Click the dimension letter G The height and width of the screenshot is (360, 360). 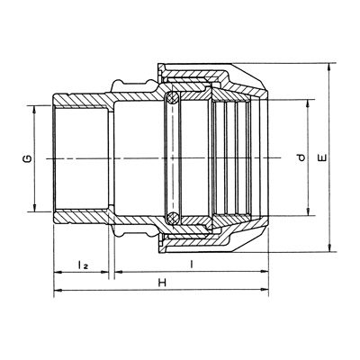[28, 158]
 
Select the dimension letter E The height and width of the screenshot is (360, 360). [323, 157]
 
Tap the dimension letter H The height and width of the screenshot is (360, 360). [162, 283]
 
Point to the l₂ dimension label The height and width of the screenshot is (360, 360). [83, 265]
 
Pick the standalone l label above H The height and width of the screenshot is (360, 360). [191, 265]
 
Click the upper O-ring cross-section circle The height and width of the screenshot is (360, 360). [172, 97]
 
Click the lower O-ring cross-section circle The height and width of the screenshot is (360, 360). [172, 217]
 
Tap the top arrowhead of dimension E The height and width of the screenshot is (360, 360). [329, 67]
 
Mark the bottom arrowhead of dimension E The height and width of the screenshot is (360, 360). [329, 248]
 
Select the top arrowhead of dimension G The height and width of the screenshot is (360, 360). [34, 109]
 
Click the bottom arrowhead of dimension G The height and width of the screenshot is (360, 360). [34, 208]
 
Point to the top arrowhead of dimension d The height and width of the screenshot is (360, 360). [308, 103]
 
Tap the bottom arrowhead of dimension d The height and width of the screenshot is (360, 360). [308, 211]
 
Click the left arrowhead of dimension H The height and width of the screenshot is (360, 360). [58, 290]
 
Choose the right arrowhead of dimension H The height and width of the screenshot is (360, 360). [265, 290]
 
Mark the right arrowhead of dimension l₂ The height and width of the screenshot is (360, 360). [104, 272]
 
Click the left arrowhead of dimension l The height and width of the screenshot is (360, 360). [119, 272]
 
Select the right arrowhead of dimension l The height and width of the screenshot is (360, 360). [265, 272]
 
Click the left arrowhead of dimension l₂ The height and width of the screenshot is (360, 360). [58, 273]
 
